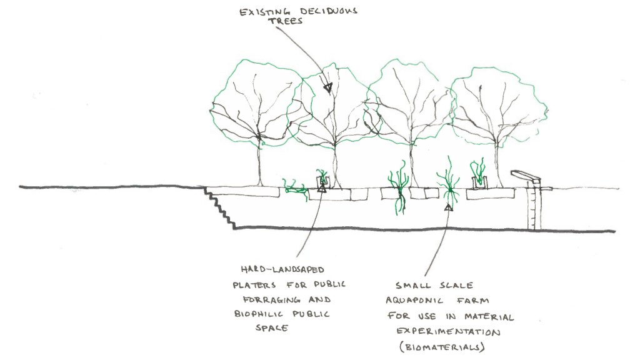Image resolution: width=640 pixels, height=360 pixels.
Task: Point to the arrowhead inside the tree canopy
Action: coord(327,89)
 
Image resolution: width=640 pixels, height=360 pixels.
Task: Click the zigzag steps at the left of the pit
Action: coord(220,207)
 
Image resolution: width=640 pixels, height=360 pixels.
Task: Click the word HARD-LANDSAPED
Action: coord(272,269)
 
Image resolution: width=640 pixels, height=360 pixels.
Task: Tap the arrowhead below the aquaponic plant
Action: coord(447,207)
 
